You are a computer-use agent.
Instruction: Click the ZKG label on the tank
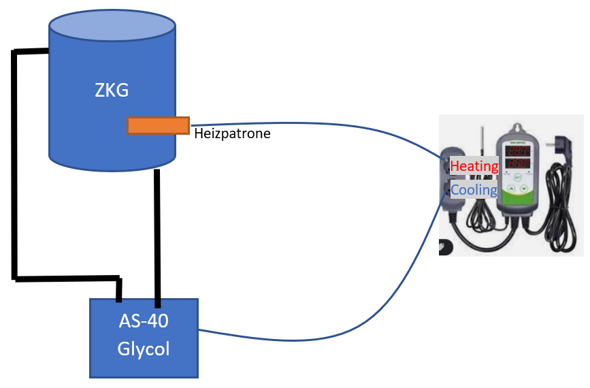(x=112, y=90)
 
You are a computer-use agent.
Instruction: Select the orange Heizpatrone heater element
(x=158, y=125)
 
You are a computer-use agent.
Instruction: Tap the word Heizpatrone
(x=232, y=134)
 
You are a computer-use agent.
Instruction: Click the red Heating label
(x=474, y=165)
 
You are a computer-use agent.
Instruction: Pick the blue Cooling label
(x=474, y=189)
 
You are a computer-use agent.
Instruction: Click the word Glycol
(x=144, y=349)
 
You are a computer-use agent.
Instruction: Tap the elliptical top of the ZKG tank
(x=112, y=26)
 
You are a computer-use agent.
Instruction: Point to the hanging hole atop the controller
(x=518, y=127)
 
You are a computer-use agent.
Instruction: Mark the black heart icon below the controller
(x=446, y=247)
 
